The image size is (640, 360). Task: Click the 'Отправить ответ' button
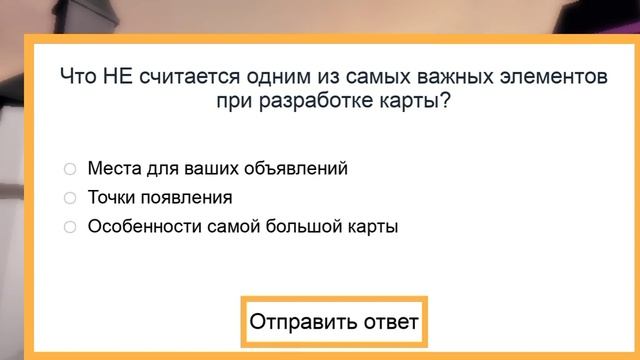[x=334, y=323]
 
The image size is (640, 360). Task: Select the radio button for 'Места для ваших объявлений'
[x=70, y=169]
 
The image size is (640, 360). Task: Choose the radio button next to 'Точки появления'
[x=70, y=198]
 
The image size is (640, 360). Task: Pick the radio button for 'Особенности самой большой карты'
[x=70, y=227]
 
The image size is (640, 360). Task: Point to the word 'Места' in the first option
[x=114, y=169]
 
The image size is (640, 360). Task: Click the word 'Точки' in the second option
[x=113, y=198]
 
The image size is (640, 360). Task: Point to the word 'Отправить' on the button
[x=302, y=323]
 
